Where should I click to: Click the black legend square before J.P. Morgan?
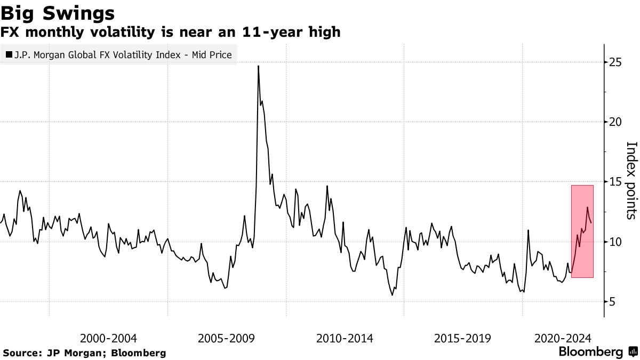9,55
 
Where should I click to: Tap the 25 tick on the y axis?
616,62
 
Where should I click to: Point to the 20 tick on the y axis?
616,122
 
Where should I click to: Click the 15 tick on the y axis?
616,182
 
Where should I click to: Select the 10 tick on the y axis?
616,242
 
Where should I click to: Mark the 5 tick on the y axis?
613,302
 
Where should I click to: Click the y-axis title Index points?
631,180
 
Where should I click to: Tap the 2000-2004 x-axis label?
108,338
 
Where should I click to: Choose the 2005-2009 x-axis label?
227,338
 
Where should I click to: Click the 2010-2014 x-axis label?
345,338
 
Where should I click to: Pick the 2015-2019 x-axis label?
463,338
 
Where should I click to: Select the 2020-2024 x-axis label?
562,338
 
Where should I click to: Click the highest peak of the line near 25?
258,66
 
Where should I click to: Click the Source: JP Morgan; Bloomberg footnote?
84,353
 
